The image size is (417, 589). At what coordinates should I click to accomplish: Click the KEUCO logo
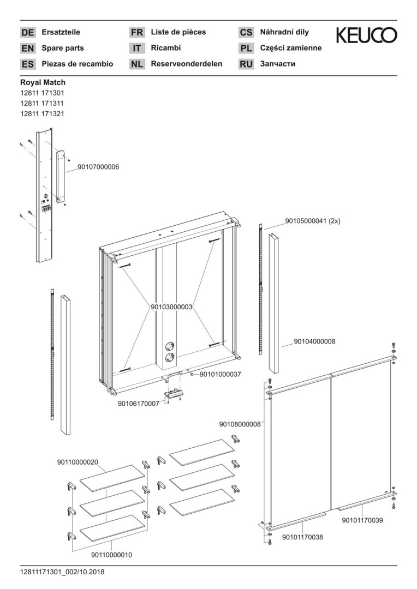(x=366, y=35)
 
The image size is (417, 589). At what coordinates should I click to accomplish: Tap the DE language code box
(x=27, y=33)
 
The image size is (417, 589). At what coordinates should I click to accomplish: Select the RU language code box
(x=246, y=64)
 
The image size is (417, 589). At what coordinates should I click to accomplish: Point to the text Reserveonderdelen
(x=187, y=64)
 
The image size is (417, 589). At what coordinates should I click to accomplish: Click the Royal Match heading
(x=43, y=82)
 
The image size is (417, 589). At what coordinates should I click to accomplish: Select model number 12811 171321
(x=42, y=113)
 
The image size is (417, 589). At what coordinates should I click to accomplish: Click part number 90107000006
(x=94, y=167)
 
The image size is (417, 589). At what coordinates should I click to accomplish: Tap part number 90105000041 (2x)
(x=313, y=221)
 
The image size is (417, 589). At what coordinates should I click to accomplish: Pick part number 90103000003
(x=172, y=308)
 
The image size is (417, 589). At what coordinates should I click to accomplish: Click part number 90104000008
(x=314, y=341)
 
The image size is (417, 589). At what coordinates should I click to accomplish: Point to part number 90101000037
(x=220, y=375)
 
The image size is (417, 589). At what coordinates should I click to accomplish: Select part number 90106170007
(x=139, y=404)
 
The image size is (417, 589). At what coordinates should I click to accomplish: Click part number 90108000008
(x=240, y=424)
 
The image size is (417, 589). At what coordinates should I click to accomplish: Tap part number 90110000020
(x=78, y=462)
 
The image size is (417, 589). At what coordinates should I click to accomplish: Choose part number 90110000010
(x=111, y=555)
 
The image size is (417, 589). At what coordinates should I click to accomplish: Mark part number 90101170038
(x=302, y=537)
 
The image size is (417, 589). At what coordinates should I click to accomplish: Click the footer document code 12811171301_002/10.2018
(x=62, y=572)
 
